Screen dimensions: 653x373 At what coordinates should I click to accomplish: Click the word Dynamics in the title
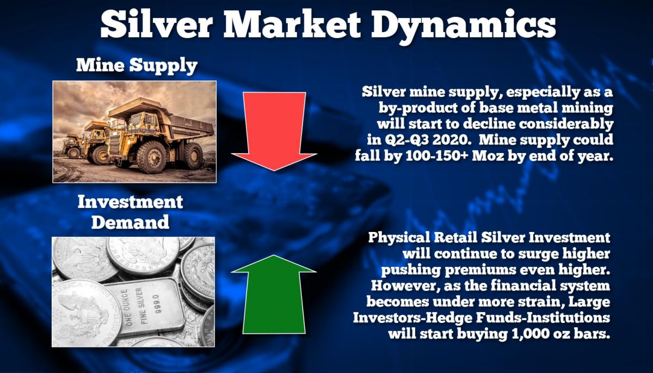(x=463, y=26)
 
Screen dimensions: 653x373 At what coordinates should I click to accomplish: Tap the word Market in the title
(x=292, y=25)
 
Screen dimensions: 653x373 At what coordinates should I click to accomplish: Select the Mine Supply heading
(x=137, y=65)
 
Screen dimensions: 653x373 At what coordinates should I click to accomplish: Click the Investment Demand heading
(x=130, y=212)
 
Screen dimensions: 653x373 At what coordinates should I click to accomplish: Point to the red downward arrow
(x=274, y=131)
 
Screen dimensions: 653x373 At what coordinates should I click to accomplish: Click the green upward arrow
(x=274, y=295)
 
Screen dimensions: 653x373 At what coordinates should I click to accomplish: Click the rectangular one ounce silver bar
(x=146, y=309)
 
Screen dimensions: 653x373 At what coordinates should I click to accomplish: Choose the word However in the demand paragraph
(x=405, y=286)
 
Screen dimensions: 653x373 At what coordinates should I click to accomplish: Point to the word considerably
(x=566, y=124)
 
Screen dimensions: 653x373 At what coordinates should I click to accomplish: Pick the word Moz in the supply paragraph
(x=488, y=156)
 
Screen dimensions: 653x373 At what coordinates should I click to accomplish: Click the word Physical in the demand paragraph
(x=399, y=237)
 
